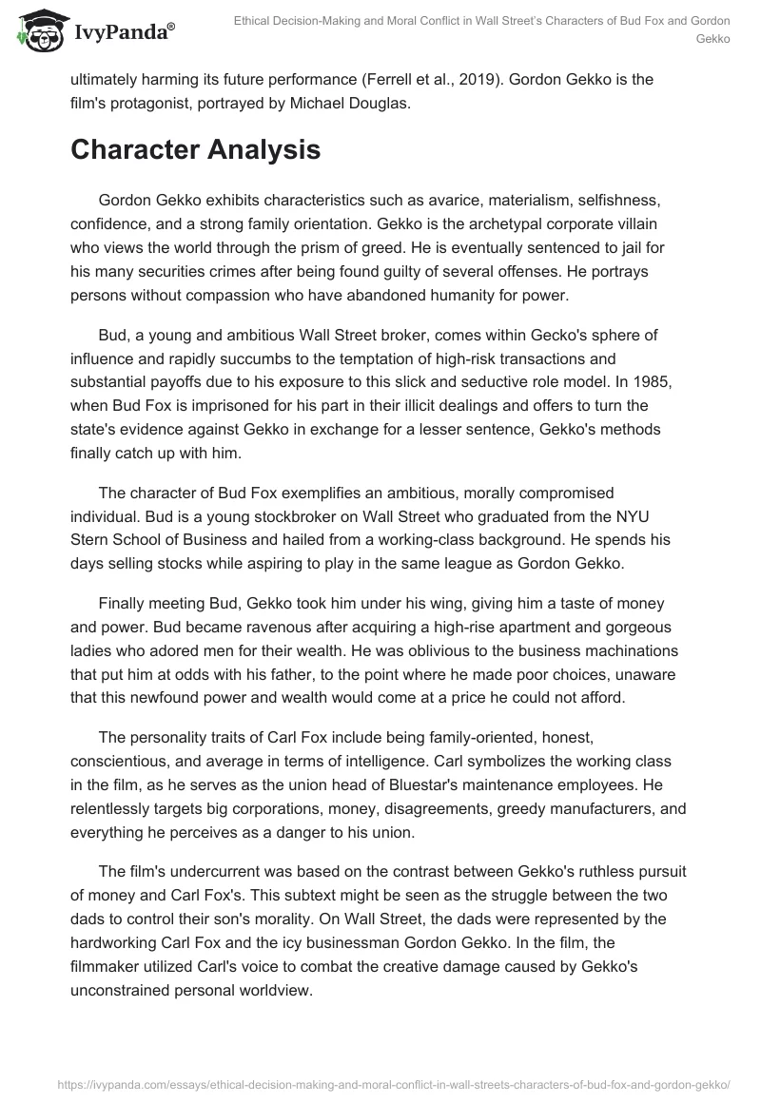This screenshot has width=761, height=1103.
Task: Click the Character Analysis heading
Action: pyautogui.click(x=195, y=149)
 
